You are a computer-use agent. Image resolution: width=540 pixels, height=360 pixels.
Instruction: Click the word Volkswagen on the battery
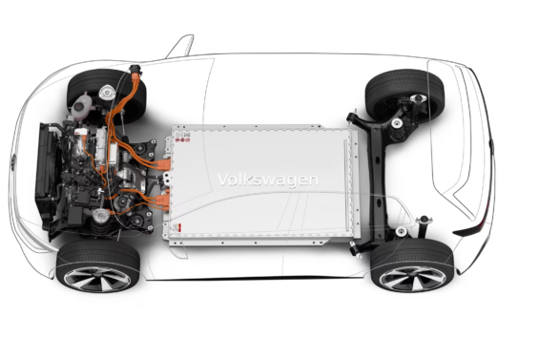pyautogui.click(x=267, y=180)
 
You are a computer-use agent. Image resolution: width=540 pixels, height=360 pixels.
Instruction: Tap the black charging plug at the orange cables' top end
pyautogui.click(x=135, y=70)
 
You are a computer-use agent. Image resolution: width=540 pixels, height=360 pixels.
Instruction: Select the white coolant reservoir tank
pyautogui.click(x=82, y=103)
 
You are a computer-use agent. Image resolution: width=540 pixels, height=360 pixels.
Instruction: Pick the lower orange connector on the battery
pyautogui.click(x=163, y=201)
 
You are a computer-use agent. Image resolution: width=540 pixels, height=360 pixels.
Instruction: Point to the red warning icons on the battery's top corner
pyautogui.click(x=182, y=137)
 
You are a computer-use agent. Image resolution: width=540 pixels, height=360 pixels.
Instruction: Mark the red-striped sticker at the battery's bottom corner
pyautogui.click(x=177, y=227)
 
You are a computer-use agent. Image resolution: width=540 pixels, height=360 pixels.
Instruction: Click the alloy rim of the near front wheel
pyautogui.click(x=97, y=279)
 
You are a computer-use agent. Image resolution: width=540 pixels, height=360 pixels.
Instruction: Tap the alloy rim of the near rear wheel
pyautogui.click(x=412, y=279)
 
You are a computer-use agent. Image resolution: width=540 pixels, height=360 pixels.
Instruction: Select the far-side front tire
pyautogui.click(x=107, y=95)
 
